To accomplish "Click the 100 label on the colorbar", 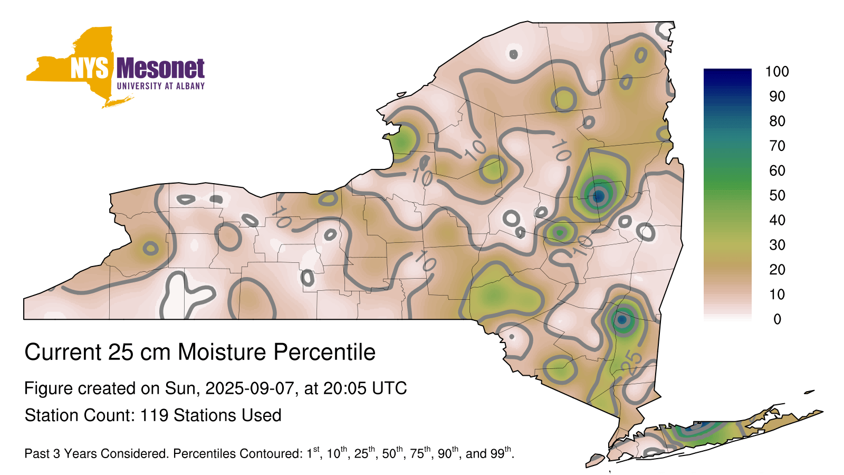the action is point(777,71).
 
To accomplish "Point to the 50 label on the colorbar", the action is point(778,195).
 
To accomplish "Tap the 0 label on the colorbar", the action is point(778,319).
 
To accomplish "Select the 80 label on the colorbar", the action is point(778,121).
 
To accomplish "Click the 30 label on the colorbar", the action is point(778,245).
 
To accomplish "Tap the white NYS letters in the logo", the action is point(90,68).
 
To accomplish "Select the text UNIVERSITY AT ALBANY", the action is point(161,86).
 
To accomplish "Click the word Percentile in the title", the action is point(324,352).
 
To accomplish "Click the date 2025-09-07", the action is point(250,388).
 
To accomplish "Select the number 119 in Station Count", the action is point(154,415).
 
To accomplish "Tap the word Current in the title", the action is point(63,352).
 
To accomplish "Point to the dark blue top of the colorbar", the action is point(727,75).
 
